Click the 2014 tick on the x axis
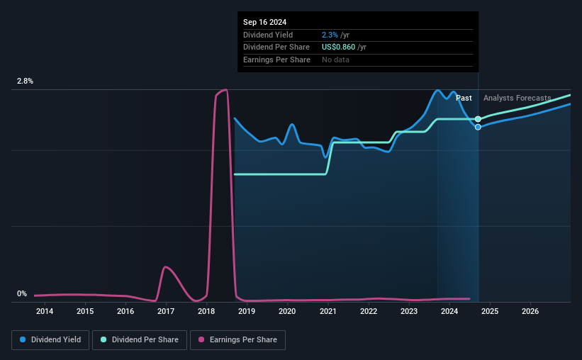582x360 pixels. point(45,311)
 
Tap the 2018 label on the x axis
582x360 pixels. point(206,311)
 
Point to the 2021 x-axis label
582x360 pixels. point(328,311)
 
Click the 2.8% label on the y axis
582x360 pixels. point(26,81)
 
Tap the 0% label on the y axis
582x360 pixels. point(22,294)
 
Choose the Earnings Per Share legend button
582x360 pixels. point(238,340)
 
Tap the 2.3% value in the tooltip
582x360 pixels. point(330,35)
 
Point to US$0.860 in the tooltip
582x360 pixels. point(344,47)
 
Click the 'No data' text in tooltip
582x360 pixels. point(335,60)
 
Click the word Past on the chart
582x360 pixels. point(464,99)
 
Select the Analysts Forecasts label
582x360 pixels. point(517,99)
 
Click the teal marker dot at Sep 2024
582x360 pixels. point(479,119)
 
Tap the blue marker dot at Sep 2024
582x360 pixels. point(479,127)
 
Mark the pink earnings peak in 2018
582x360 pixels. point(224,90)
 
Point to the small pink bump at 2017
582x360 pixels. point(165,267)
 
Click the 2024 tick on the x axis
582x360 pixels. point(449,311)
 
